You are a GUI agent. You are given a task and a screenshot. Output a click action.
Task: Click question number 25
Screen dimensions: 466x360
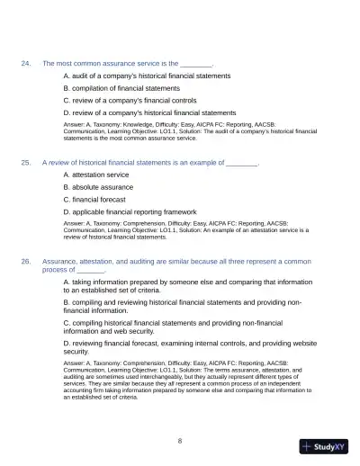click(26, 162)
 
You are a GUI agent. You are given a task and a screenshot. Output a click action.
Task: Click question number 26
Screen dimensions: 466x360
click(26, 260)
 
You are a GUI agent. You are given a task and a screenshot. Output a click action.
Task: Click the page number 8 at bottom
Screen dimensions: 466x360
click(180, 441)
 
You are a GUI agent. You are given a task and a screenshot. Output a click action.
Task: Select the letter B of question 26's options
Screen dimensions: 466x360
click(66, 303)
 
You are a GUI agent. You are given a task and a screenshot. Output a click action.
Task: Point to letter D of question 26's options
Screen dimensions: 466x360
click(66, 343)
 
